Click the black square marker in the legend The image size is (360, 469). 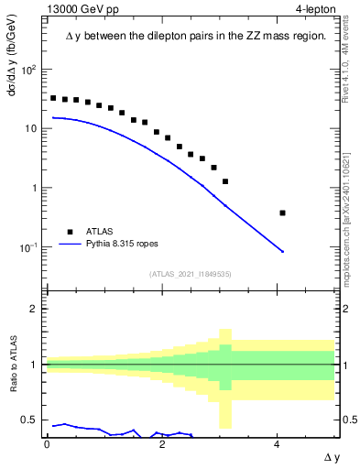pyautogui.click(x=71, y=232)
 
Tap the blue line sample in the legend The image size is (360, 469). pyautogui.click(x=71, y=245)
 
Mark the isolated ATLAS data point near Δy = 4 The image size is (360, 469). pyautogui.click(x=282, y=213)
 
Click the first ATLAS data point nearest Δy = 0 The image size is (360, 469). pyautogui.click(x=53, y=98)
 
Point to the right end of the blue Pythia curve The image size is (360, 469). pyautogui.click(x=283, y=252)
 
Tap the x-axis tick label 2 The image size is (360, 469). pyautogui.click(x=162, y=443)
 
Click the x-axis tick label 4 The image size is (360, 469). pyautogui.click(x=278, y=443)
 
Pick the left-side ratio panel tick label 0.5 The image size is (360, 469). pyautogui.click(x=30, y=420)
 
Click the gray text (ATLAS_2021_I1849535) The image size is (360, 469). pyautogui.click(x=190, y=274)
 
